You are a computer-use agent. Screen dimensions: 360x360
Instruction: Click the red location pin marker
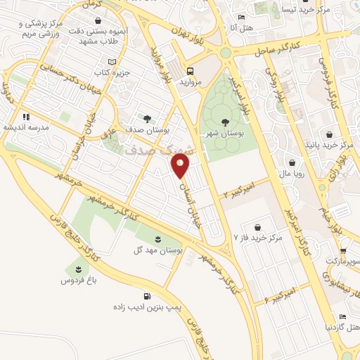pos(181,167)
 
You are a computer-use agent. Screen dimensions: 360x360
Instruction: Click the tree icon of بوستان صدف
pos(146,119)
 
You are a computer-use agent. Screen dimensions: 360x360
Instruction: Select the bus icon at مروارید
pos(191,70)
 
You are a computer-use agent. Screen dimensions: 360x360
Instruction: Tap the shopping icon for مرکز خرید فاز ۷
pos(259,227)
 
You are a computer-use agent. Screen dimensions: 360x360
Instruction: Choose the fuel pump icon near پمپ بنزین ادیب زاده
pos(146,296)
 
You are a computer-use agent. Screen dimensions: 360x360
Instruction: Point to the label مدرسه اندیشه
pos(26,127)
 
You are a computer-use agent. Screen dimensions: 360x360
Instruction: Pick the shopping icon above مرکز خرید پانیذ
pos(330,134)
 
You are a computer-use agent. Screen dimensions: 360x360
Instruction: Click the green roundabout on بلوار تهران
pos(225,52)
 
